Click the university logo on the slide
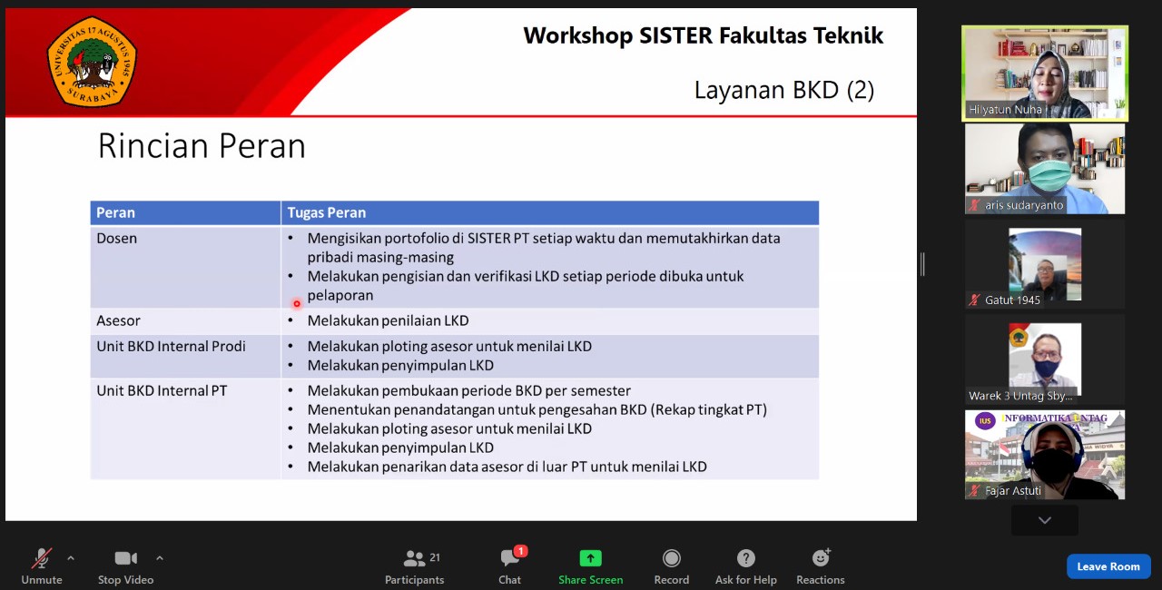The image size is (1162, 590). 92,62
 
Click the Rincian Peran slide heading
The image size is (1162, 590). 202,146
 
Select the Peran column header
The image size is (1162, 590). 116,212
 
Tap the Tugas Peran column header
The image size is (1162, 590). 327,212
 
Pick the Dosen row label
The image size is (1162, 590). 117,239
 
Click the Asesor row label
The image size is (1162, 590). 119,320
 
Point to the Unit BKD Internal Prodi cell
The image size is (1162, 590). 171,346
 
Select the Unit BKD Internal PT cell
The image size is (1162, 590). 162,390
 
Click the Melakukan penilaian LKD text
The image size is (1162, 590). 388,320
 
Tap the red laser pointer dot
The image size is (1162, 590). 297,304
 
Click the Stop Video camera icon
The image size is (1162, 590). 125,558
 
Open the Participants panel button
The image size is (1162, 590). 415,566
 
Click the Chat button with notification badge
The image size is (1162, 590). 510,566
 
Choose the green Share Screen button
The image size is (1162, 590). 591,566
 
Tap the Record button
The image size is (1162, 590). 672,566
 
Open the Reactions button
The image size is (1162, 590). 821,566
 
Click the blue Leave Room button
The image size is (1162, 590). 1108,566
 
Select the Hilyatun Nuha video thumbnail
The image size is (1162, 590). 1045,73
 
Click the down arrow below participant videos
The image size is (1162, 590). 1045,520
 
